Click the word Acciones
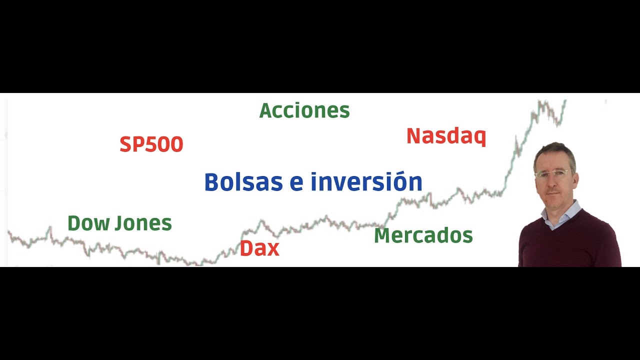[x=304, y=110]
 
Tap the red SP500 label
[x=151, y=144]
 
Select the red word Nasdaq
[x=446, y=136]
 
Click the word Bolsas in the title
[x=243, y=181]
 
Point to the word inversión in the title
[x=366, y=181]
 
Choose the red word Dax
[x=259, y=248]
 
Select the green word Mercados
[x=423, y=235]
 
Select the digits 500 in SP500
[x=164, y=144]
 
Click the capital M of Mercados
[x=382, y=235]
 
